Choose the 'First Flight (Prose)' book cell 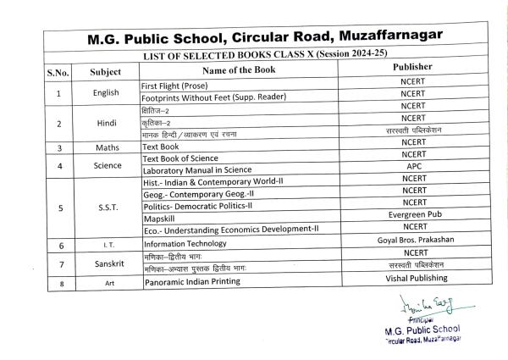(178, 87)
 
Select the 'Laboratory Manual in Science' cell (197, 171)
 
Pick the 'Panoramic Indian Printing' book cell (191, 280)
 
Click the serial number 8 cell (58, 282)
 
